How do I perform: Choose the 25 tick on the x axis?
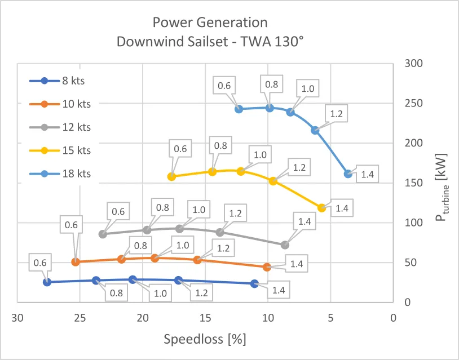tap(80, 317)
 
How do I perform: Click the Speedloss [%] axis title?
tap(205, 340)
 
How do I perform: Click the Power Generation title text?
tap(210, 23)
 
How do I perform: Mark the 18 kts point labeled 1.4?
tap(348, 174)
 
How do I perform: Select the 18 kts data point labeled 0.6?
tap(239, 109)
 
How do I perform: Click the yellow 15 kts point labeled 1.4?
tap(322, 208)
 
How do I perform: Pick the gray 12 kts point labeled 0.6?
tap(103, 234)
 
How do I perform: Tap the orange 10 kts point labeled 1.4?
tap(267, 267)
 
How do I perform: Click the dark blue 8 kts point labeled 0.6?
tap(47, 282)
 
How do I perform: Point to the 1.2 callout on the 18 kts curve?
tap(337, 114)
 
